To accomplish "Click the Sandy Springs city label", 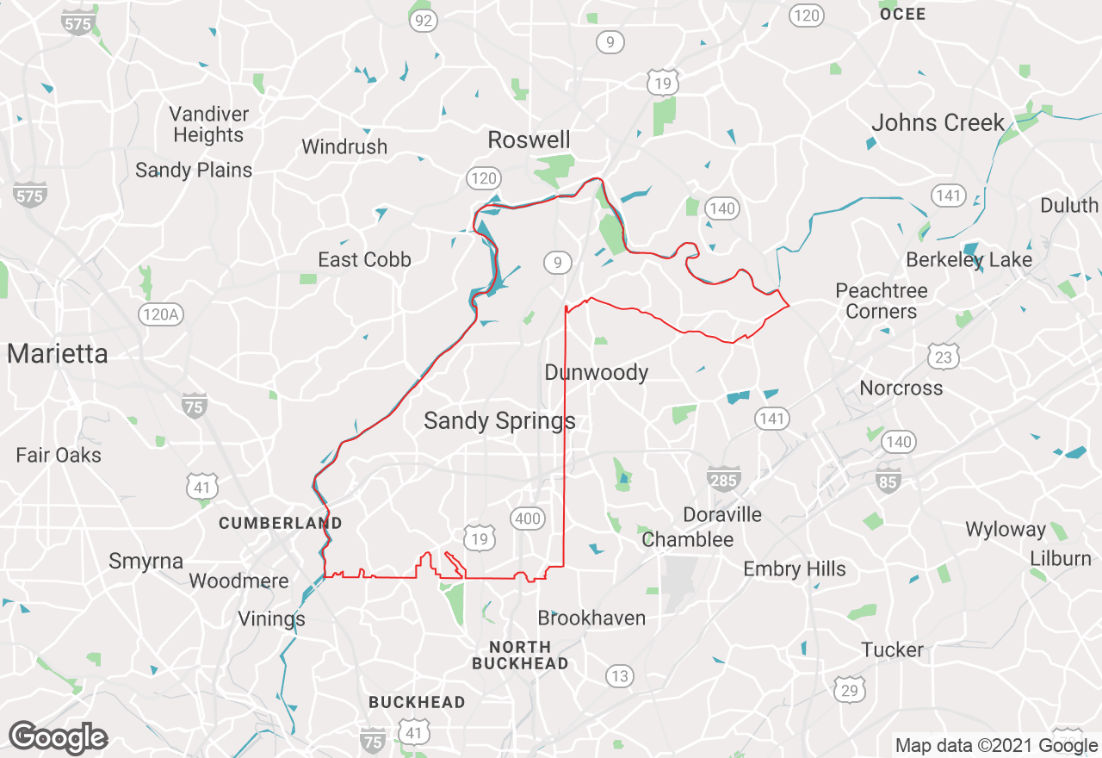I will tap(499, 421).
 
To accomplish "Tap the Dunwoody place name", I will tap(596, 372).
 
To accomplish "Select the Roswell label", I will tap(529, 140).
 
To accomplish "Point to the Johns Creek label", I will tap(938, 122).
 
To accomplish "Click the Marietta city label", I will tap(58, 354).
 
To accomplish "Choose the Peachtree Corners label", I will tap(882, 301).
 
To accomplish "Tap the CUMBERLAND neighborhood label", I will tap(280, 523).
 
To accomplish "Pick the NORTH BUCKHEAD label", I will tap(520, 655).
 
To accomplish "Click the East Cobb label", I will tap(364, 259).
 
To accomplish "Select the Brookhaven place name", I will tap(591, 618).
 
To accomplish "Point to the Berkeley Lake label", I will tap(969, 259).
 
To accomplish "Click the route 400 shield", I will tap(527, 518).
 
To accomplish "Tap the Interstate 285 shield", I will tap(723, 479).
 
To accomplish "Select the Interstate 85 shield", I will tap(888, 480).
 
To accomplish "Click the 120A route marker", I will tap(161, 314).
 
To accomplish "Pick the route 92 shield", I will tap(423, 21).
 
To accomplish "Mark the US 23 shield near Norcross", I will tap(944, 356).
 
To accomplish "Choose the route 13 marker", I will tap(619, 676).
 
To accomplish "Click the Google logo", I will tap(58, 737).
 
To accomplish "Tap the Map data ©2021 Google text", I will tap(996, 746).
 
